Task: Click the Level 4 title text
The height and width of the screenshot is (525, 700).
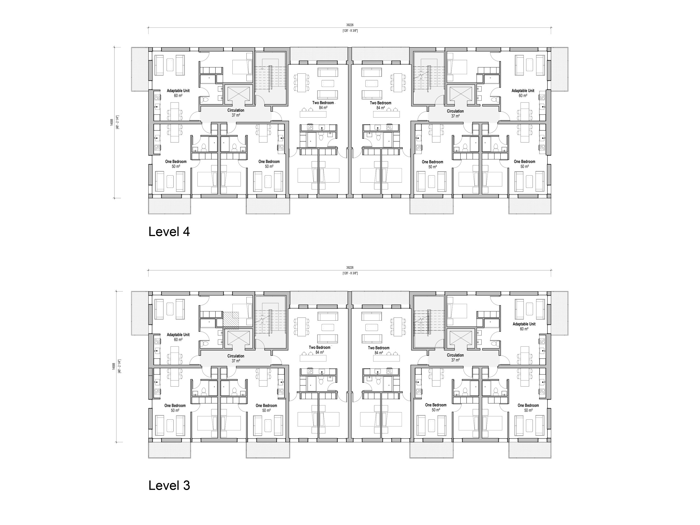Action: (x=169, y=232)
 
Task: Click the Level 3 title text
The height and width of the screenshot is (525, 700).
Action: (x=169, y=486)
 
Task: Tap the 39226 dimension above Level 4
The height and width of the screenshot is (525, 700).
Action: (x=350, y=25)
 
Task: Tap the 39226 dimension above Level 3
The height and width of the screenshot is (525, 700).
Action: (x=350, y=268)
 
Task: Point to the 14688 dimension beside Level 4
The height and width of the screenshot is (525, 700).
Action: (x=112, y=122)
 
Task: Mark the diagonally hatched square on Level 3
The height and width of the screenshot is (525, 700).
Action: (x=230, y=319)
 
